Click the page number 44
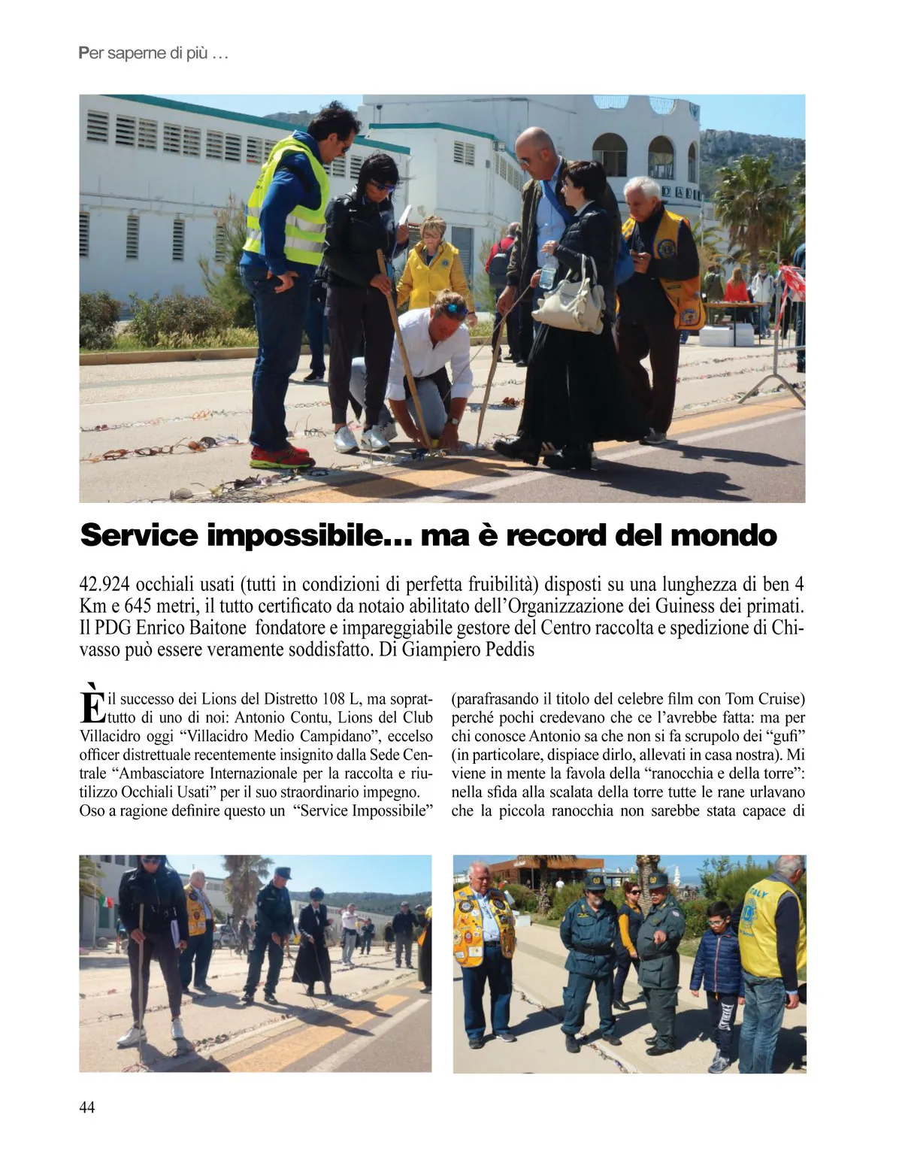pos(87,1107)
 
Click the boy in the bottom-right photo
pos(718,977)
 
